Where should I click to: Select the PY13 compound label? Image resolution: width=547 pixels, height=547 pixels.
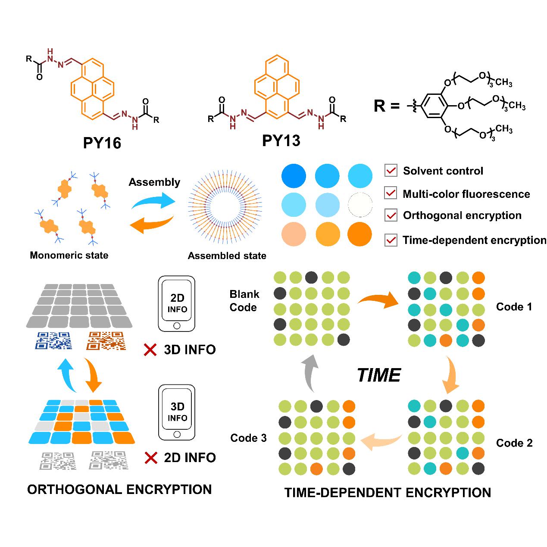281,141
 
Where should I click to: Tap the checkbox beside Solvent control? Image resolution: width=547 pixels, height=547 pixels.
391,171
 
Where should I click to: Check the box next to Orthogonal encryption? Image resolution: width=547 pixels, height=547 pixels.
391,215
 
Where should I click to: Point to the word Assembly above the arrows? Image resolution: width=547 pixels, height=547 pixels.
154,182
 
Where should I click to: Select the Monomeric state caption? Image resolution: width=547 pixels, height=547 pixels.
69,255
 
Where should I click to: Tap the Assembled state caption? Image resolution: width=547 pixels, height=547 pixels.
227,256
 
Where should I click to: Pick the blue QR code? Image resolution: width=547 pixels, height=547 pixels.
54,341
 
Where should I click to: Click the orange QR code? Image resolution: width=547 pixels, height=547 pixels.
106,341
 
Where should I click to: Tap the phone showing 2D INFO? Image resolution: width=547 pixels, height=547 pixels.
177,303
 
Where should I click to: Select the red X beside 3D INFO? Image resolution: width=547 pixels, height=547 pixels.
150,349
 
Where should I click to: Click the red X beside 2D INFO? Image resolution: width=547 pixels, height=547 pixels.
150,457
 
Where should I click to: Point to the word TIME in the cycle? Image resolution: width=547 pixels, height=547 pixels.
379,375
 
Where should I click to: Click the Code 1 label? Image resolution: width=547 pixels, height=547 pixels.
514,307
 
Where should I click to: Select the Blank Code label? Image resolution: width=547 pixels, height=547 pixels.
244,301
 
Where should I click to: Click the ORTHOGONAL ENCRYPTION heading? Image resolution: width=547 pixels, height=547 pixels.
119,490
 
